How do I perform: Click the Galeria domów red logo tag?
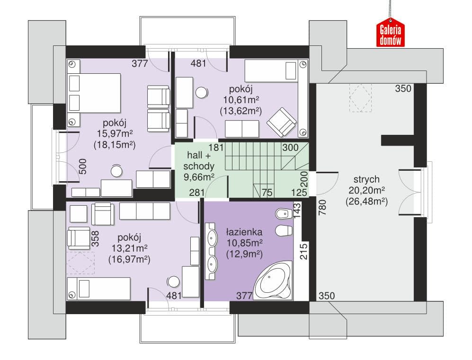(x=390, y=33)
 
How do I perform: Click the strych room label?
(x=366, y=179)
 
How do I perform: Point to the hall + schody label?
(x=199, y=160)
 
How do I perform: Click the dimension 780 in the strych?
(x=322, y=208)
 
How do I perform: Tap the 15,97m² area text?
(x=115, y=133)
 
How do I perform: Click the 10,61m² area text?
(x=241, y=99)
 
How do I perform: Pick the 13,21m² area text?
(x=129, y=248)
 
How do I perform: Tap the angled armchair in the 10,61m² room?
(x=282, y=121)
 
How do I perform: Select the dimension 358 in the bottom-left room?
(x=95, y=239)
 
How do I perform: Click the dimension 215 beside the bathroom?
(x=304, y=251)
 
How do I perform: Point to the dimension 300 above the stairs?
(x=291, y=148)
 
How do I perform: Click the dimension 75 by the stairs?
(x=267, y=193)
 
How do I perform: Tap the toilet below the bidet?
(x=284, y=230)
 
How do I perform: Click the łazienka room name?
(x=244, y=232)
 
